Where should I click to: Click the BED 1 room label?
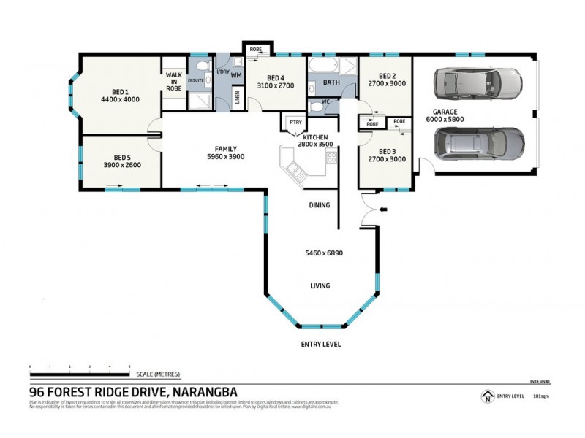[120, 91]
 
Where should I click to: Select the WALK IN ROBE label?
[174, 81]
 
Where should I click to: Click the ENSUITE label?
[196, 80]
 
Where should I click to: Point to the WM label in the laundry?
[236, 75]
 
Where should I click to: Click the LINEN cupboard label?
[237, 96]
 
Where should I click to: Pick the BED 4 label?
[275, 78]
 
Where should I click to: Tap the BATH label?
[331, 82]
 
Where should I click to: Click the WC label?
[326, 102]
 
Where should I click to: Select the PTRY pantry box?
[295, 123]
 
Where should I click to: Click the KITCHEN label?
[316, 137]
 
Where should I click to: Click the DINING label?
[320, 205]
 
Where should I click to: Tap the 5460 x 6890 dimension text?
[324, 253]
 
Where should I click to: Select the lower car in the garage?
[479, 143]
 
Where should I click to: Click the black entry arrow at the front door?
[385, 211]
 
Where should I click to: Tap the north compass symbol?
[486, 398]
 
